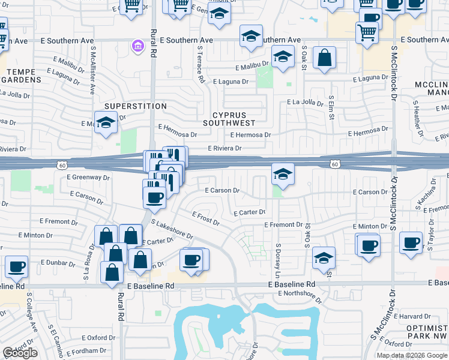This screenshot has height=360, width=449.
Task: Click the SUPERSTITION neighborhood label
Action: pos(135,106)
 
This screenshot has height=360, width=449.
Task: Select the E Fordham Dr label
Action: pos(86,350)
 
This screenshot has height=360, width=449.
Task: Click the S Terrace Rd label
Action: pos(201,68)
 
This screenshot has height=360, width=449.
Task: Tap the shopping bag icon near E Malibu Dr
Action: pos(324,58)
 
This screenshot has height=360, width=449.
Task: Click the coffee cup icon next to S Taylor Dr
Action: pos(411,243)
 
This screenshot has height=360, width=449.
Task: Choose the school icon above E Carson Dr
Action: pos(283,174)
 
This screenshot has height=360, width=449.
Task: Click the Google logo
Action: pos(20,353)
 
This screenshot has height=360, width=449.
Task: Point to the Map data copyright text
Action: pos(412,355)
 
